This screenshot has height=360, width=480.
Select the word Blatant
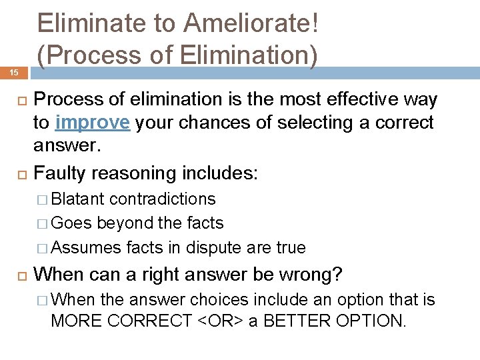point(77,199)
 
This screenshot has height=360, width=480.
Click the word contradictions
point(163,199)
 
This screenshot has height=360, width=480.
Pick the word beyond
point(124,223)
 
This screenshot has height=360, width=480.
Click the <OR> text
point(220,320)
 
